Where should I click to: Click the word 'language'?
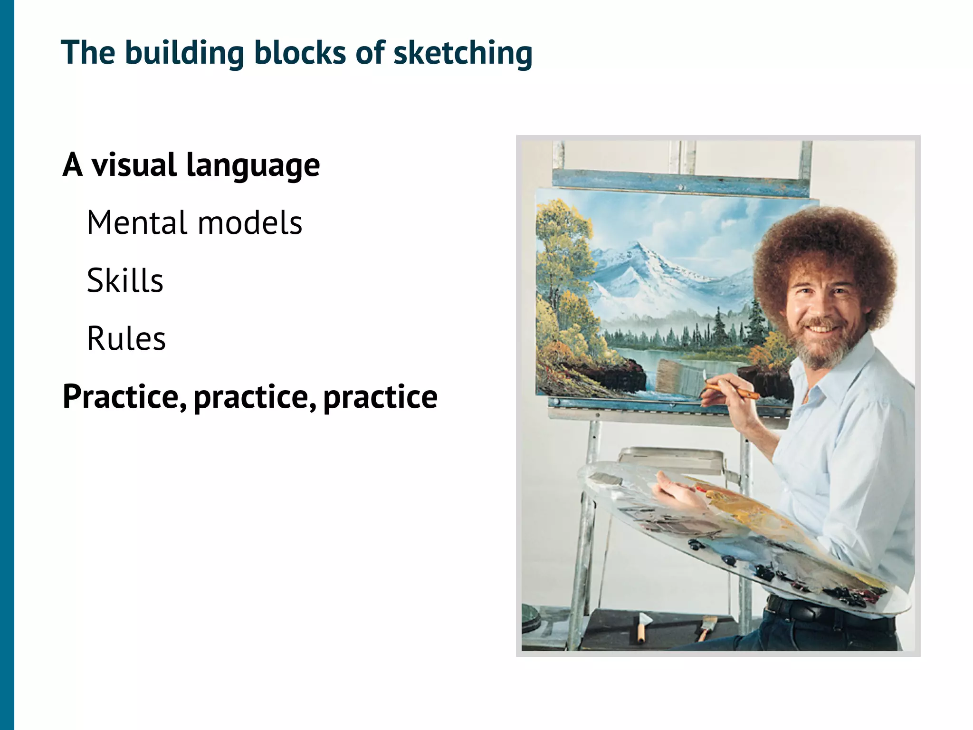pos(253,166)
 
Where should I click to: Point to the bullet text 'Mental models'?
pos(194,223)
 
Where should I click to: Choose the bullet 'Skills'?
pos(125,280)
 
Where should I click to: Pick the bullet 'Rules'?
pos(126,338)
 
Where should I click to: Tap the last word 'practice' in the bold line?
pos(380,397)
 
